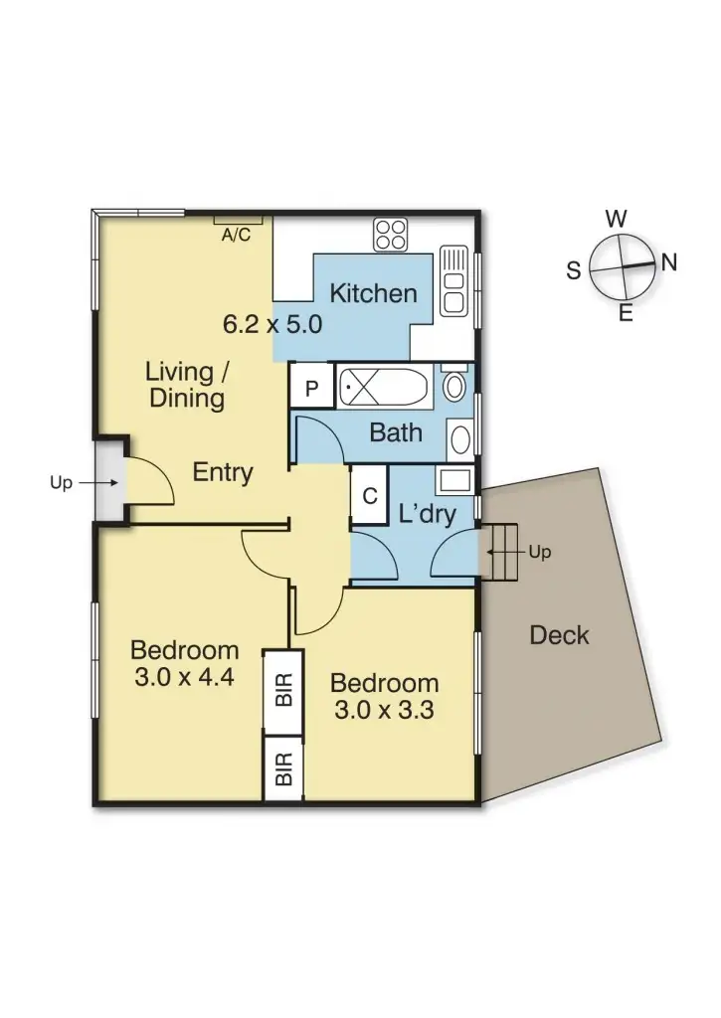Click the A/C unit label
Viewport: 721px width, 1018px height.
tap(236, 236)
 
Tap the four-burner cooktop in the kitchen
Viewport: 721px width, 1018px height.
tap(390, 235)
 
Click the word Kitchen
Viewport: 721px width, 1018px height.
tap(373, 293)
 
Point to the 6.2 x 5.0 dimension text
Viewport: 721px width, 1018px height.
tap(271, 324)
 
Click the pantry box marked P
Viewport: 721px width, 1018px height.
tap(311, 388)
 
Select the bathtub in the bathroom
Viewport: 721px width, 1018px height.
tap(383, 386)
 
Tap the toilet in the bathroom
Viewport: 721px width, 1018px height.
tap(454, 384)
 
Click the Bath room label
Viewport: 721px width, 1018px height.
tap(395, 432)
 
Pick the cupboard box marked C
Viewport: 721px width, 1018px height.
tap(369, 495)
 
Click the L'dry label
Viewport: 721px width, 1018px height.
tap(427, 514)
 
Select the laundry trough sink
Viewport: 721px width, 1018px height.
tap(454, 480)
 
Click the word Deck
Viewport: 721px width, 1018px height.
tap(559, 634)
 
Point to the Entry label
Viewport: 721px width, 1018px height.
tap(223, 472)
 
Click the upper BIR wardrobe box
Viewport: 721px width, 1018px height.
tap(283, 692)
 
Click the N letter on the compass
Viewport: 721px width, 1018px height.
tap(669, 262)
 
